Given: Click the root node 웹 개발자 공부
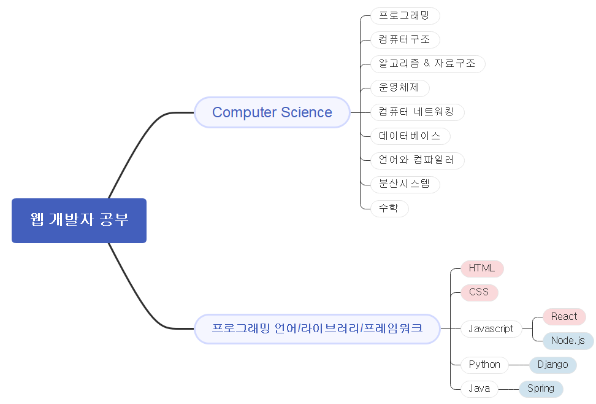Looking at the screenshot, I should point(79,220).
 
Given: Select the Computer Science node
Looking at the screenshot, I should point(272,112).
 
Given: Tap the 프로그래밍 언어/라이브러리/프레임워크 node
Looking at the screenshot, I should point(317,328).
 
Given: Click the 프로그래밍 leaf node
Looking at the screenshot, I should point(405,15).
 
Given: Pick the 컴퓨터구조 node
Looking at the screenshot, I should point(405,40).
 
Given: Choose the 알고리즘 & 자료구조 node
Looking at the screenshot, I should point(427,63).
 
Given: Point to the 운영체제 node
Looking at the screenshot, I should point(400,88).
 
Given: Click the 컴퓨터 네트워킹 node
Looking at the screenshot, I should point(417,112).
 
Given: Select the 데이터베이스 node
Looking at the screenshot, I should point(410,136).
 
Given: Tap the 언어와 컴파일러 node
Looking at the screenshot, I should point(417,160).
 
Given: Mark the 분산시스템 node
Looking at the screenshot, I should point(405,184).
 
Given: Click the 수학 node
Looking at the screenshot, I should point(389,208).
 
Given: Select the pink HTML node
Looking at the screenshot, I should point(482,268).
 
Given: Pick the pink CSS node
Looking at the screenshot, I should point(479,292).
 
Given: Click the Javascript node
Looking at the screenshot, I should point(491,328).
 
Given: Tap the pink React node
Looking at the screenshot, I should point(564,317).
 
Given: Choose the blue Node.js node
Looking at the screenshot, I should point(568,340).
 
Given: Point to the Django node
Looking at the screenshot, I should point(552,365).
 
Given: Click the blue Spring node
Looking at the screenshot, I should point(541,389).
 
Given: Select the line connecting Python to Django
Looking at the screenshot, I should point(519,365).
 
